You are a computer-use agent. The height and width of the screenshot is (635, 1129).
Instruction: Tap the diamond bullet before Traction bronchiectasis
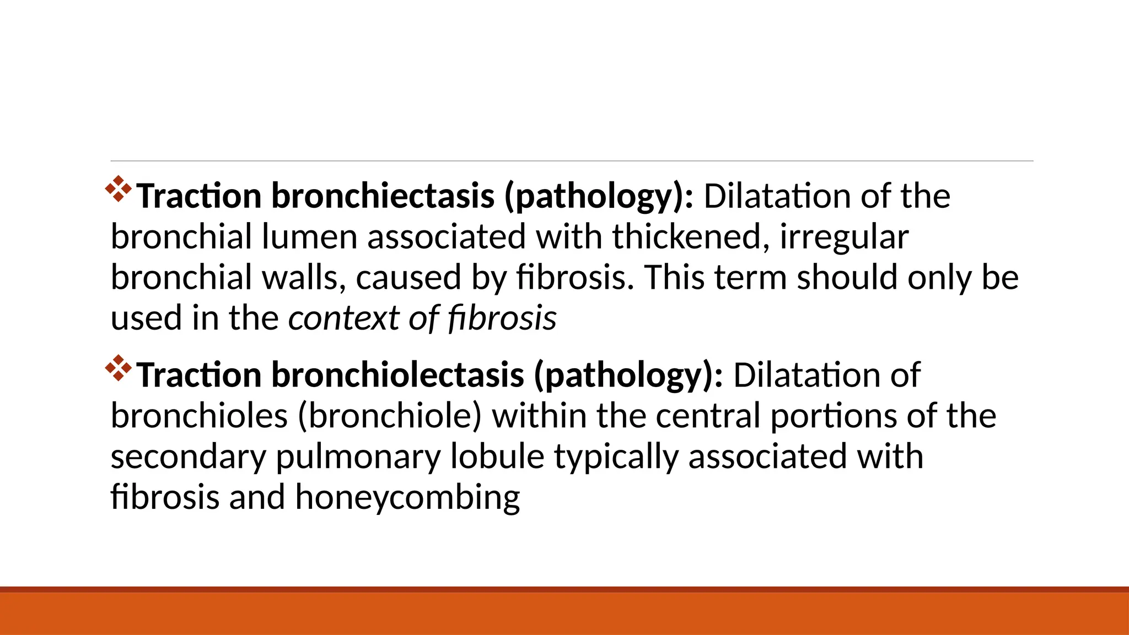[119, 189]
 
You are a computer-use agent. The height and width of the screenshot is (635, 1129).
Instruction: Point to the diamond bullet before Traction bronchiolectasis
[119, 368]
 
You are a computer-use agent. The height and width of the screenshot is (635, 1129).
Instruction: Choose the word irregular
[844, 236]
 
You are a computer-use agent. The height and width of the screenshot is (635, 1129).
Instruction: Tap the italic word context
[343, 318]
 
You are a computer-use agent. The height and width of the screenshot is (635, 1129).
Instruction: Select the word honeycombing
[407, 497]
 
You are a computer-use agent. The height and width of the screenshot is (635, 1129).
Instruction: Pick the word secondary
[188, 456]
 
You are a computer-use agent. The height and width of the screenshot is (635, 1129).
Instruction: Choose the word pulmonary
[358, 456]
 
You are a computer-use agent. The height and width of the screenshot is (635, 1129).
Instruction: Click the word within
[539, 416]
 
